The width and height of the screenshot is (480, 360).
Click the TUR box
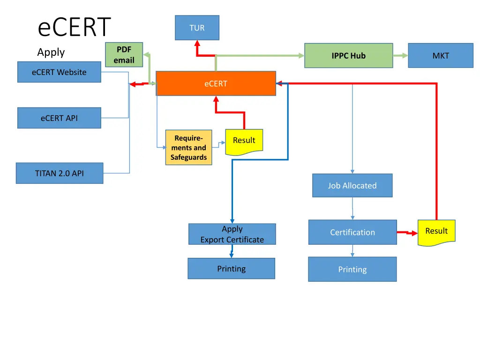(197, 28)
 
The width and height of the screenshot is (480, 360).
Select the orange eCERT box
(216, 83)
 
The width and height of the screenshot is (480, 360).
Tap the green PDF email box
(124, 55)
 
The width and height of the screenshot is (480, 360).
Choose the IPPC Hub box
(348, 55)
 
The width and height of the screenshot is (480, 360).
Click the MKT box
(441, 55)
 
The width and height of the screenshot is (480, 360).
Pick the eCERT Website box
(59, 72)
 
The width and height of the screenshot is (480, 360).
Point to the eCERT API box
(59, 118)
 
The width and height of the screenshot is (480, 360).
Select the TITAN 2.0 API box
(60, 173)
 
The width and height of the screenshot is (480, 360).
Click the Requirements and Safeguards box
(188, 148)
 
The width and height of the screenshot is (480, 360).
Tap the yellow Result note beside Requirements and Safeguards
(244, 141)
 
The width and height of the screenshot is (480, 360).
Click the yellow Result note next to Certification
(436, 232)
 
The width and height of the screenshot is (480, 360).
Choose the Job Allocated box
(352, 186)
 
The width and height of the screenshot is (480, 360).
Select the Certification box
(352, 232)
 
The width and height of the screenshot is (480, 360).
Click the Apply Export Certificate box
(232, 234)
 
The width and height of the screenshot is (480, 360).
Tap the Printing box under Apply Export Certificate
(231, 269)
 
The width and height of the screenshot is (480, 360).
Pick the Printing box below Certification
(352, 269)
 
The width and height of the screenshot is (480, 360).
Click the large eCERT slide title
(74, 27)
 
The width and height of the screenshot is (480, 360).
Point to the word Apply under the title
(51, 52)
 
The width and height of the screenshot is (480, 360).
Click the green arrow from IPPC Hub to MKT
(400, 55)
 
